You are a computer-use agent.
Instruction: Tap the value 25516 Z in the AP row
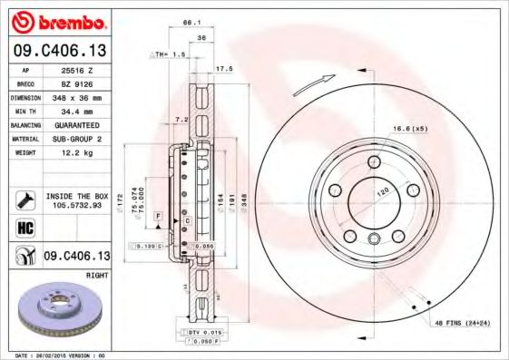click(77, 69)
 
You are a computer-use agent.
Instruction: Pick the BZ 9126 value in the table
click(77, 83)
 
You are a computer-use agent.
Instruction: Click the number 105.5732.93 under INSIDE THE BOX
click(77, 205)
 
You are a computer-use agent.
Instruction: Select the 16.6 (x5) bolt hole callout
click(409, 129)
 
